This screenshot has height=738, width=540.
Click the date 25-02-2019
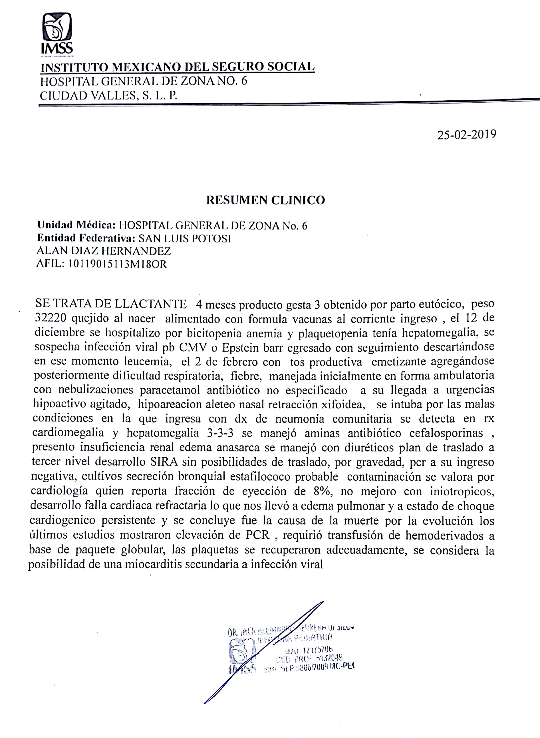[466, 135]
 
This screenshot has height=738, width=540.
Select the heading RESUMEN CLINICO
[265, 200]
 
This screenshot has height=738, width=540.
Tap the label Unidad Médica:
[76, 225]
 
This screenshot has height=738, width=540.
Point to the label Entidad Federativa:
[86, 238]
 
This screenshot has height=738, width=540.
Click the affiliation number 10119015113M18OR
[117, 264]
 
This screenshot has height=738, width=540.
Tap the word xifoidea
[343, 405]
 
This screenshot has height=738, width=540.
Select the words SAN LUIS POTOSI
[185, 238]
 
